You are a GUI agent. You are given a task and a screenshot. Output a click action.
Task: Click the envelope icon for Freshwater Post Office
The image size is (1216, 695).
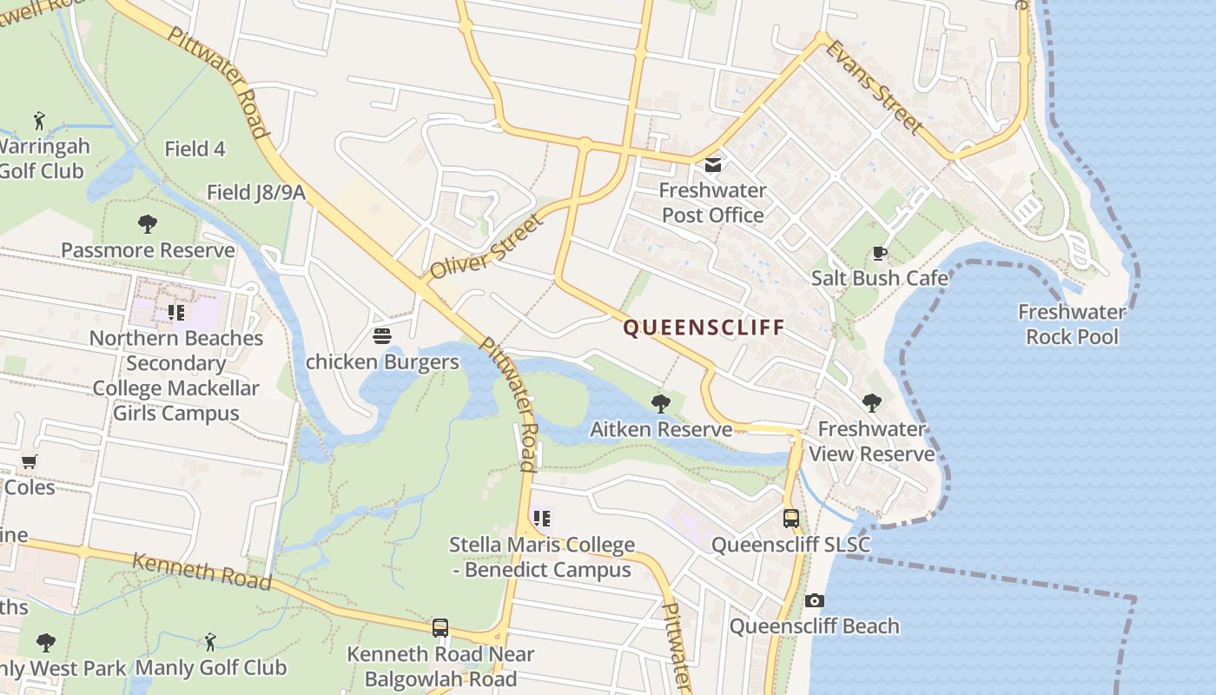click(x=713, y=165)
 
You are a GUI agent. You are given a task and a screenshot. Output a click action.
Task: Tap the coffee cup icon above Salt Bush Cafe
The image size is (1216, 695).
click(x=879, y=254)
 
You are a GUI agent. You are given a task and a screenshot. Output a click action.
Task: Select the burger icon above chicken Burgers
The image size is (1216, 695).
click(x=381, y=336)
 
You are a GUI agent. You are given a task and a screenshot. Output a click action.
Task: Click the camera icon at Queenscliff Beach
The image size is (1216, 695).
click(x=814, y=600)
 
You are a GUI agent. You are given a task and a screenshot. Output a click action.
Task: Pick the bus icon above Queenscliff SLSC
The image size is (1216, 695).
click(x=791, y=519)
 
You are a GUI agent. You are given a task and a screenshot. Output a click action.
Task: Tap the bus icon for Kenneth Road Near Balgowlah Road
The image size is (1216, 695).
click(x=440, y=627)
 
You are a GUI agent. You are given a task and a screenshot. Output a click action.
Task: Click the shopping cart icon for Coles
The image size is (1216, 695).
click(x=30, y=461)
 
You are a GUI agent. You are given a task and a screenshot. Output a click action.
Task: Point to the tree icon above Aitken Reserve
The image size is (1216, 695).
click(x=661, y=403)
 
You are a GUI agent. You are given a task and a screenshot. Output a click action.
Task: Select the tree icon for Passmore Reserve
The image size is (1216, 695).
click(x=148, y=224)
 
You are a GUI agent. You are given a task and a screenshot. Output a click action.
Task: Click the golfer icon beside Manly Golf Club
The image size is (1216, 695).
click(x=209, y=642)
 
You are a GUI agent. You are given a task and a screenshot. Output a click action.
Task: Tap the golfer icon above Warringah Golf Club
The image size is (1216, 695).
click(x=39, y=120)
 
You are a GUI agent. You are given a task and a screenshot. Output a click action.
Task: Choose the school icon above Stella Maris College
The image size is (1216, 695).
click(x=542, y=519)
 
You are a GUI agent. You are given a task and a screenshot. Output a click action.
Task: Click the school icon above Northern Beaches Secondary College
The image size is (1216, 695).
click(x=176, y=312)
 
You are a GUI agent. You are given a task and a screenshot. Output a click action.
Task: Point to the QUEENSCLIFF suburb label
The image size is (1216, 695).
click(x=704, y=328)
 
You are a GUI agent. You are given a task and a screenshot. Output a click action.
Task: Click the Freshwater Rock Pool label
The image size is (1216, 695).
click(x=1072, y=324)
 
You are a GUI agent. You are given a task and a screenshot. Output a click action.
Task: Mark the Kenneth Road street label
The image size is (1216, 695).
click(x=202, y=571)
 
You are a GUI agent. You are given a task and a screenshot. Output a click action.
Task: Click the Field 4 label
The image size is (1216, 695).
click(x=195, y=149)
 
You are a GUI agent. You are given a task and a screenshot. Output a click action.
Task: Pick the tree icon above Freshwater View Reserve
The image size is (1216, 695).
click(x=871, y=403)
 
